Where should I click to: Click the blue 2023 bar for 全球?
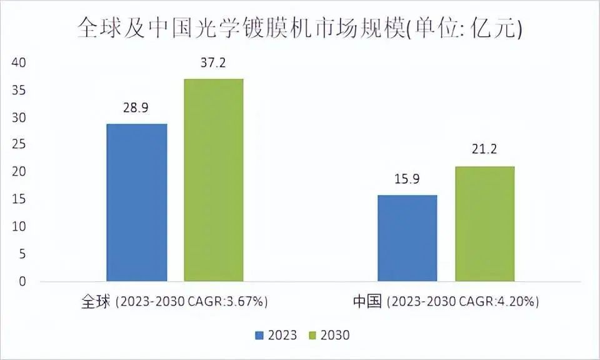137,202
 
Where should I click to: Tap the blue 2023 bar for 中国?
407,238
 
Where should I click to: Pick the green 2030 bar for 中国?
484,224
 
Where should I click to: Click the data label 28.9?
136,108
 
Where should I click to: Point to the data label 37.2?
214,63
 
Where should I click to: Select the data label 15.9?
407,179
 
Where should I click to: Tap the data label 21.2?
484,150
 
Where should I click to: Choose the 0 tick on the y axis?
23,282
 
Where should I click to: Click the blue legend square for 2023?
260,336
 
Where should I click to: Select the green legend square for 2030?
313,336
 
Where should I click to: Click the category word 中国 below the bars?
367,301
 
